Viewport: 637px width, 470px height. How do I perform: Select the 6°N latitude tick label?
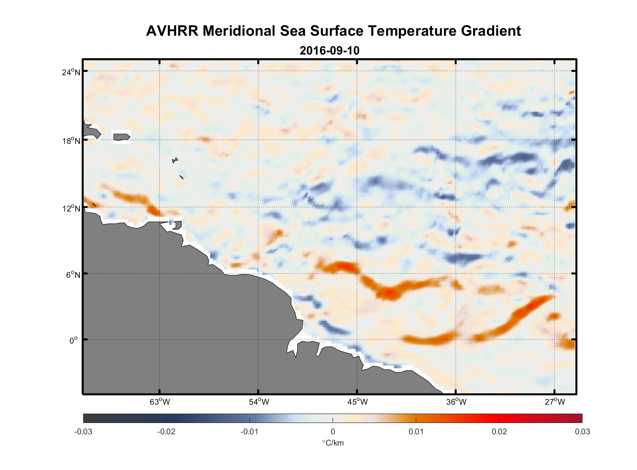coord(73,274)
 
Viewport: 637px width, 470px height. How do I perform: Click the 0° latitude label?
coord(74,340)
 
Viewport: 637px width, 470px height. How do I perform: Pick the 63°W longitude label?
coord(160,402)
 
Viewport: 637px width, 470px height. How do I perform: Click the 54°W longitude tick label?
coord(259,402)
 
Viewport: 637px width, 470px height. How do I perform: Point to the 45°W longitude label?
coord(357,402)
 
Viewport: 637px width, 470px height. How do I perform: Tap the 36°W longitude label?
coord(456,402)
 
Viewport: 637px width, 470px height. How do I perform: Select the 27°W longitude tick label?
coord(555,402)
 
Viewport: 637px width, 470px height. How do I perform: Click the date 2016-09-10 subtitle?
coord(329,51)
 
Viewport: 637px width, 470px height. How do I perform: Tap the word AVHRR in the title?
coord(172,31)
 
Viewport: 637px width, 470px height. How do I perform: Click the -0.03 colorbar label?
coord(83,431)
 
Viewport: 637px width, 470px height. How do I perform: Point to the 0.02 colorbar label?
coord(499,431)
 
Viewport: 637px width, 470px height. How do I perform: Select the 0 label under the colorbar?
coord(333,431)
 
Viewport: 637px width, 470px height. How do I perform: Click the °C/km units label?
coord(333,443)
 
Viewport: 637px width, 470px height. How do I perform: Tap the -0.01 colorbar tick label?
coord(249,431)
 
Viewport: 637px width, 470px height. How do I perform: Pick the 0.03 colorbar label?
coord(583,431)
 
